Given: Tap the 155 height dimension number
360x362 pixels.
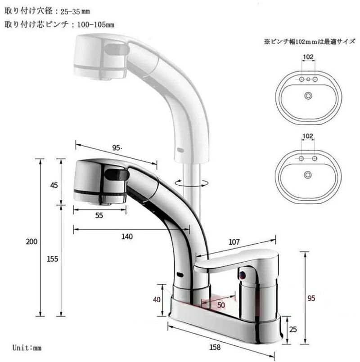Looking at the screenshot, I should (x=53, y=259).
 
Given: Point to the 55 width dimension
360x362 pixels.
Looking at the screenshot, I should (x=99, y=215).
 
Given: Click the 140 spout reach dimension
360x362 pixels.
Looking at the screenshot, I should (x=127, y=237).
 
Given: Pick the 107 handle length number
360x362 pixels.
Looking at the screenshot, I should (x=234, y=241).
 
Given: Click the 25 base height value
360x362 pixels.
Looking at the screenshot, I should (x=293, y=330).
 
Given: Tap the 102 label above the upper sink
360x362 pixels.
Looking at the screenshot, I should (x=308, y=57).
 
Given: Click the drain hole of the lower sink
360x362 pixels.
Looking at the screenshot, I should (x=308, y=174).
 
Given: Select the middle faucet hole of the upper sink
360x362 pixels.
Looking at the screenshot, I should (x=308, y=80).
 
